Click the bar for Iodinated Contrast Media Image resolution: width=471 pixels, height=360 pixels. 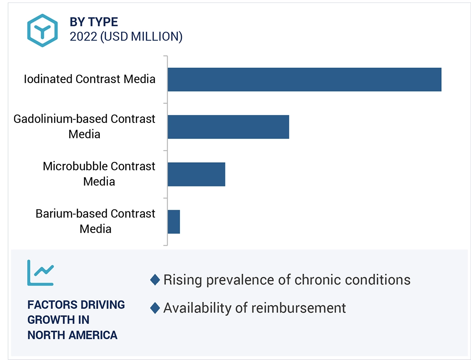tap(304, 79)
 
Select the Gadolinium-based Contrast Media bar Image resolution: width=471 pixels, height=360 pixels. tap(228, 127)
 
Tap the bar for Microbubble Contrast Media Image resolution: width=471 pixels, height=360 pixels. tap(196, 174)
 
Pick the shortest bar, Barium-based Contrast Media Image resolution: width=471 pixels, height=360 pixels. tap(174, 221)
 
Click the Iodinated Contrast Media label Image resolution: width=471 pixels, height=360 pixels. tap(89, 79)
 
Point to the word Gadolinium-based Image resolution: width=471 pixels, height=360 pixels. tap(60, 119)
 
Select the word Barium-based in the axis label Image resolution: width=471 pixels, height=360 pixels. tap(71, 213)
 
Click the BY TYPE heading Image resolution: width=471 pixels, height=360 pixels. tap(94, 22)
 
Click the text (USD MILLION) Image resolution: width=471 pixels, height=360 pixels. tap(141, 37)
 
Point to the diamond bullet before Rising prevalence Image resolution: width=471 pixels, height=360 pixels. tap(155, 279)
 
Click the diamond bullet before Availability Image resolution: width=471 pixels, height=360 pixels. tap(155, 308)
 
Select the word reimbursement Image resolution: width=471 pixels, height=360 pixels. tap(299, 308)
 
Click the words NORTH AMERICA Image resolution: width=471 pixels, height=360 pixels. tap(72, 335)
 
